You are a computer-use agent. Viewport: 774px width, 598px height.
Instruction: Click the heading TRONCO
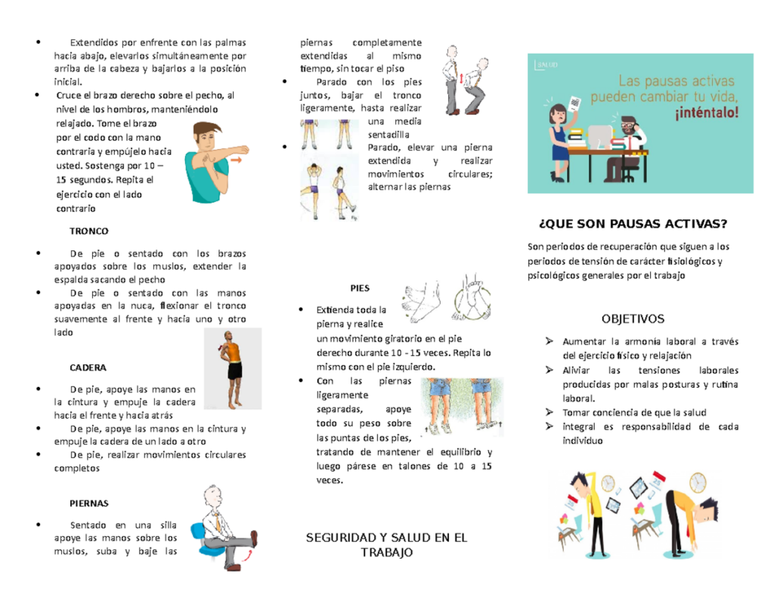pyautogui.click(x=88, y=231)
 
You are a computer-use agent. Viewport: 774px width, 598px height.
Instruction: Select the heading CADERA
pyautogui.click(x=88, y=367)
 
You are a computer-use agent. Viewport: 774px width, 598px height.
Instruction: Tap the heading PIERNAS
pyautogui.click(x=89, y=503)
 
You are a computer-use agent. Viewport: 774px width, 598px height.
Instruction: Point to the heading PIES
pyautogui.click(x=360, y=288)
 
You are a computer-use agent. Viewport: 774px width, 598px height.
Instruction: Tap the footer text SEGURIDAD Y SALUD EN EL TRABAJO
pyautogui.click(x=386, y=545)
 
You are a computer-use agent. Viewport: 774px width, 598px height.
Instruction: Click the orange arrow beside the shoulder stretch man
pyautogui.click(x=237, y=160)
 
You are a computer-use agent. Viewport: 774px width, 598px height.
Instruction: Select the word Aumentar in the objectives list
pyautogui.click(x=584, y=342)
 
